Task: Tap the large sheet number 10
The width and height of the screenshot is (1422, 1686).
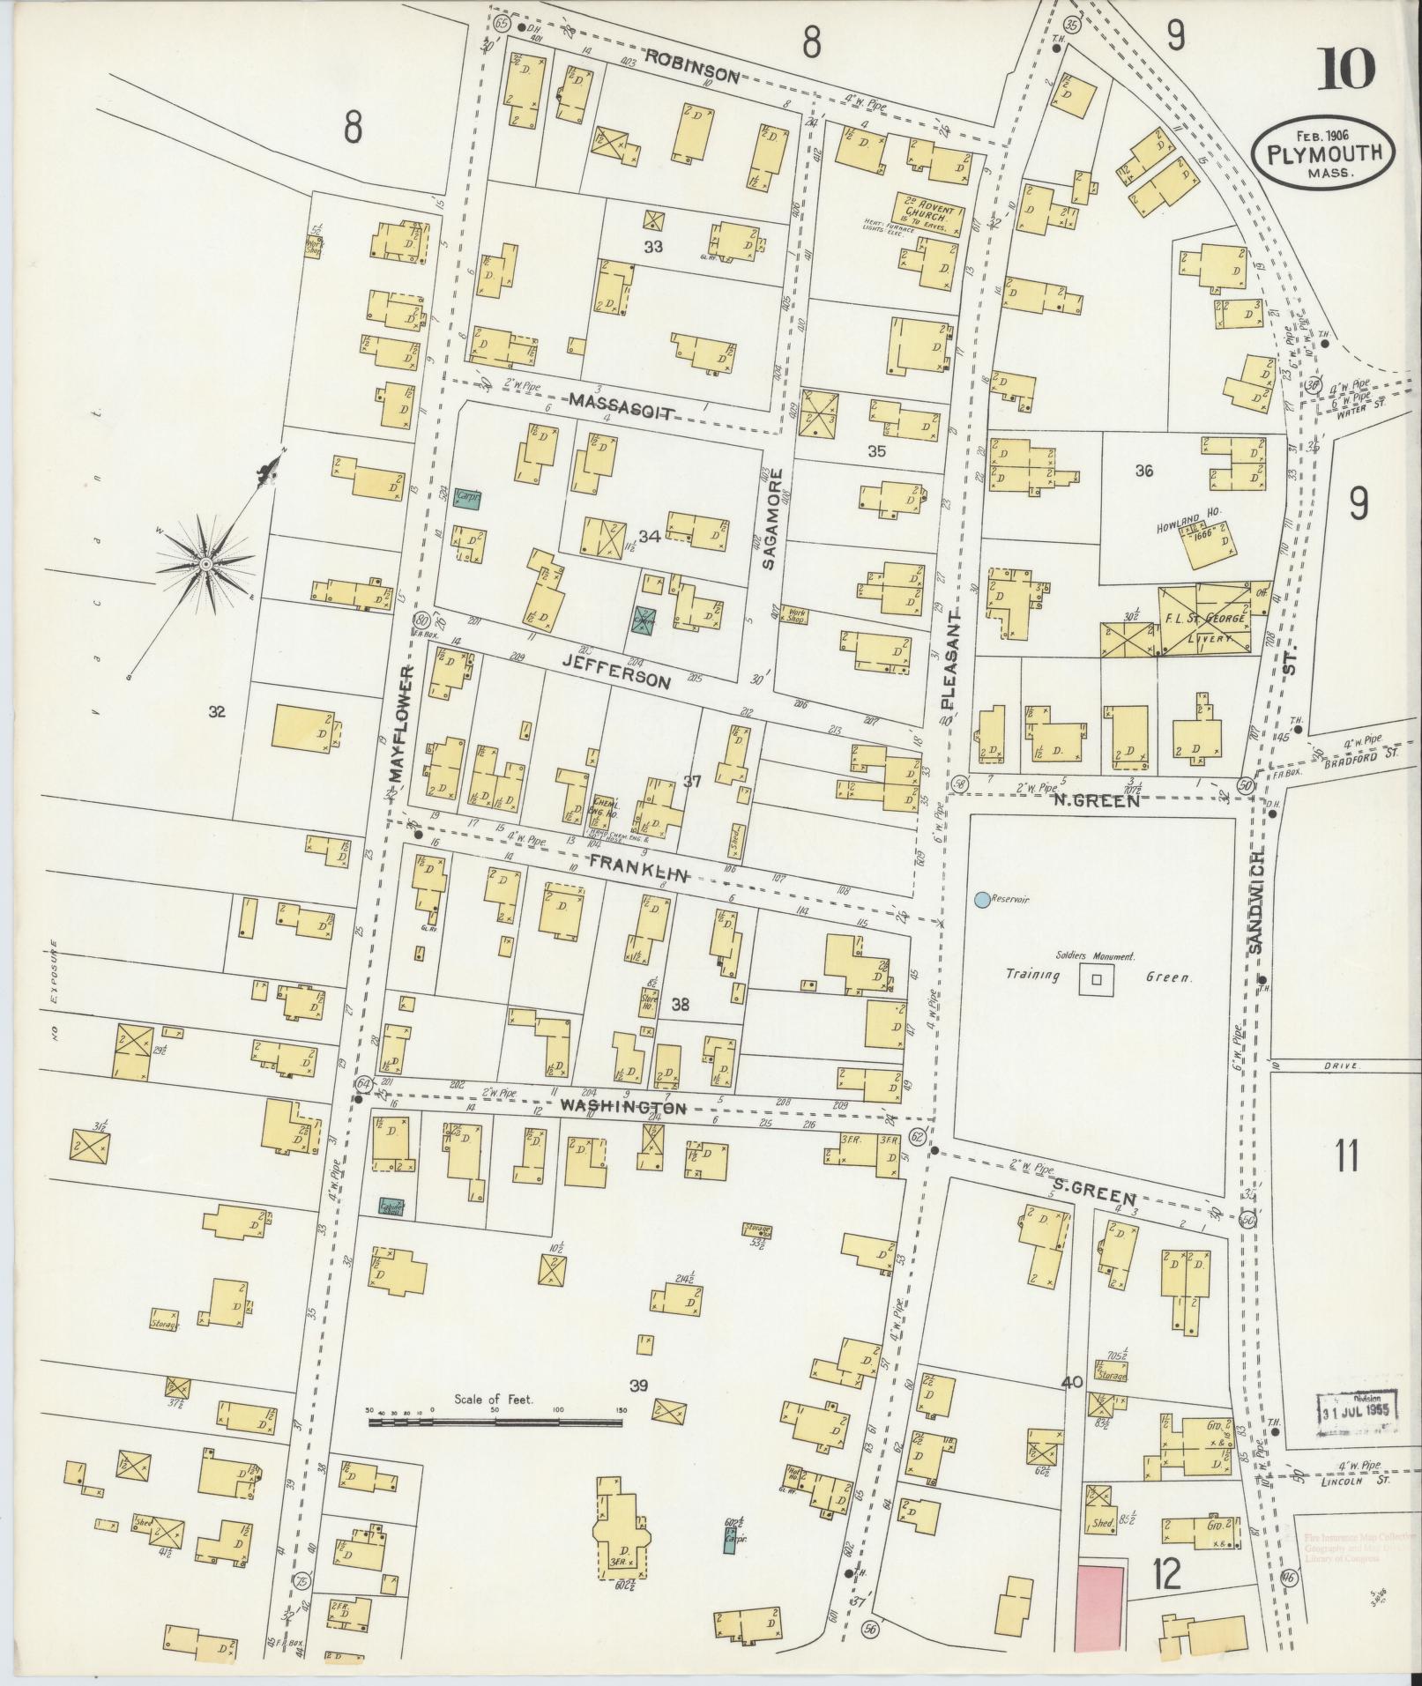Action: pyautogui.click(x=1345, y=69)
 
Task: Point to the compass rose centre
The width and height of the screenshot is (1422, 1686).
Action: pyautogui.click(x=205, y=562)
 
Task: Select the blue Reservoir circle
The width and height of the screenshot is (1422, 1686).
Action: pyautogui.click(x=981, y=899)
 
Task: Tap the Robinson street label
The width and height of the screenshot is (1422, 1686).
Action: pyautogui.click(x=691, y=70)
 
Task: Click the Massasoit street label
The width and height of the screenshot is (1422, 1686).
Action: pyautogui.click(x=622, y=407)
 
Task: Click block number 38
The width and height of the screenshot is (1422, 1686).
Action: pyautogui.click(x=680, y=1003)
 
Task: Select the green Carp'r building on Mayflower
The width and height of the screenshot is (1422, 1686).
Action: pyautogui.click(x=465, y=497)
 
